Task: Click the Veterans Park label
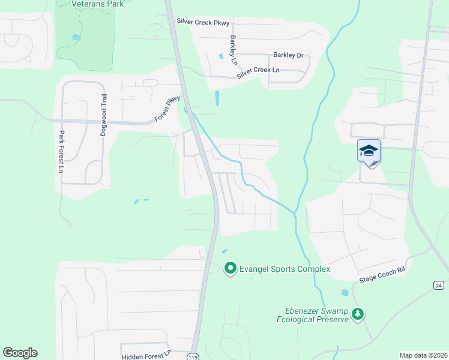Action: tap(97, 4)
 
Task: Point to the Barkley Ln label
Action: tap(234, 50)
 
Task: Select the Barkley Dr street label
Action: tap(289, 55)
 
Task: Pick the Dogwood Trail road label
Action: tap(103, 115)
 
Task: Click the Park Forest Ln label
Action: tap(61, 152)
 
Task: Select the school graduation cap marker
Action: tap(369, 152)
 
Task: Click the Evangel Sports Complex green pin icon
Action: tap(230, 269)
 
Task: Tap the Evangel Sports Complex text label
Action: tap(285, 269)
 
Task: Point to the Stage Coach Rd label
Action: tap(382, 274)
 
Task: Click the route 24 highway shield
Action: tap(439, 284)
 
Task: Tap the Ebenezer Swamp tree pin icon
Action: tap(358, 314)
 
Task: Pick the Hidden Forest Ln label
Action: tap(147, 356)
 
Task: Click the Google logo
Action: tap(20, 353)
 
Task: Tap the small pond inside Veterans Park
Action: tap(76, 37)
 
